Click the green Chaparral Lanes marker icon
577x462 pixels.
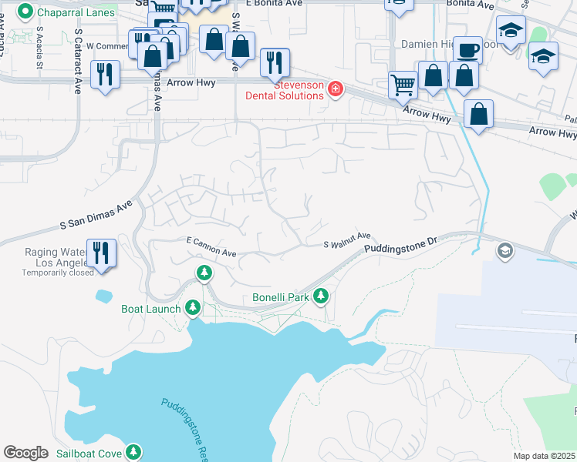[x=25, y=12]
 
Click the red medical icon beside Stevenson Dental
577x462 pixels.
[x=336, y=89]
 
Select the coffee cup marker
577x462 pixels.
[x=467, y=51]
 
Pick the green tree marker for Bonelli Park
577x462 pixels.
[x=320, y=296]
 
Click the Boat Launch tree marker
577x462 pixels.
[x=192, y=309]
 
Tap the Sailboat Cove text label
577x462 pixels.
[x=88, y=453]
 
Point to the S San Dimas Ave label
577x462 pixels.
[x=96, y=215]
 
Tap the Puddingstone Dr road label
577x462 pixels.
[x=400, y=246]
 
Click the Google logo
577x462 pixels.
[x=25, y=453]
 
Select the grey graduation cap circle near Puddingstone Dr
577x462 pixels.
[x=504, y=251]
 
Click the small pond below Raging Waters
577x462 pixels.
[x=103, y=295]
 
